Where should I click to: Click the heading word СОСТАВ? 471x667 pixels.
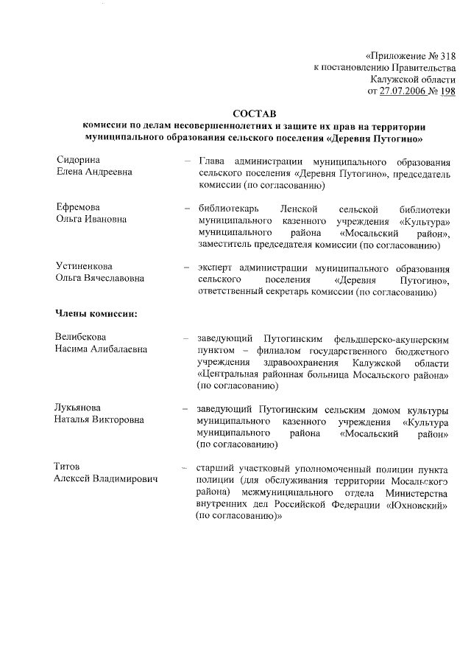point(252,114)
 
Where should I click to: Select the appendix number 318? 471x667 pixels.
point(447,56)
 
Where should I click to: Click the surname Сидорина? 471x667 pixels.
point(78,160)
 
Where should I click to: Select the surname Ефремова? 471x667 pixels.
point(78,207)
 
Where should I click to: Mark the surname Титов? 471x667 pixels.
point(68,467)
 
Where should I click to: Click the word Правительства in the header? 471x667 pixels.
point(420,68)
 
